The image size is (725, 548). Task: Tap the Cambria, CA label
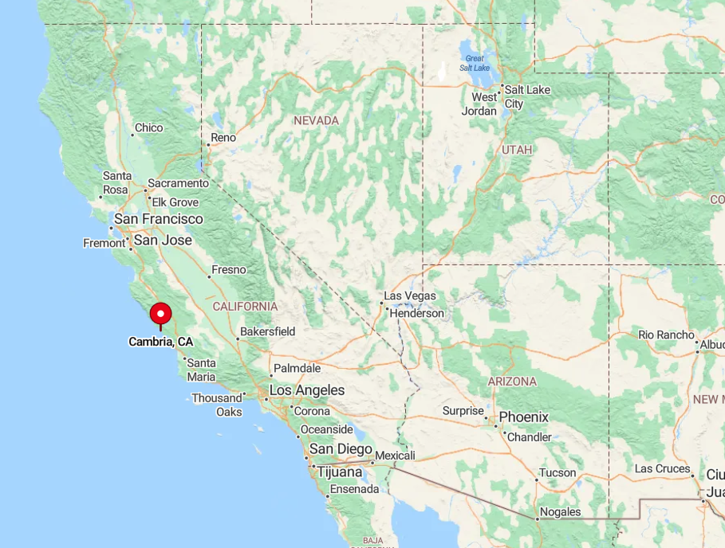160,342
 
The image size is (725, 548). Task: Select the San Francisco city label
159,219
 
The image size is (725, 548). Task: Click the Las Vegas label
410,296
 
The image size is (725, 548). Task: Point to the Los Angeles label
307,390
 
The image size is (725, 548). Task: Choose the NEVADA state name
316,120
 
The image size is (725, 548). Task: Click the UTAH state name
517,150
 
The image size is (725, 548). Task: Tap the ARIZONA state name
512,382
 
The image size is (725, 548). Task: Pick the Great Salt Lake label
475,63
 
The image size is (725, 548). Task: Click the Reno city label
223,138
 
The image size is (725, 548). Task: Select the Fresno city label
229,269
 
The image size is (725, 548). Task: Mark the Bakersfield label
268,331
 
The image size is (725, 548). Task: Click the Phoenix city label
524,417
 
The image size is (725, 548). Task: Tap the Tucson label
558,473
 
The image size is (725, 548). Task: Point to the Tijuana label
340,472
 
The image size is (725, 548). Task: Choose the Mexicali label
395,456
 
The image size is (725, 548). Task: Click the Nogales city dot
538,519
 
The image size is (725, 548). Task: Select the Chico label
149,127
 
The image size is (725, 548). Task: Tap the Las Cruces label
662,469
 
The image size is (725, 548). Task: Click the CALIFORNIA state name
245,307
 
